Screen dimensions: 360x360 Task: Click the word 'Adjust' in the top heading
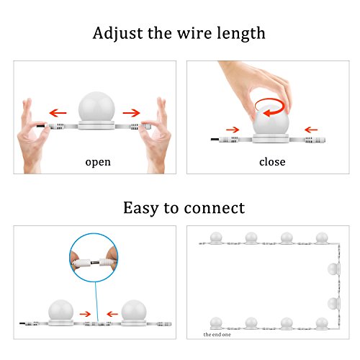117,34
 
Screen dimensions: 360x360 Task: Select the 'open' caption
98,163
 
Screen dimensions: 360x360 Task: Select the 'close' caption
272,162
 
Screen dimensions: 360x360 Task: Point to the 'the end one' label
217,334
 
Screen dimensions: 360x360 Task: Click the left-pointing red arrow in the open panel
58,112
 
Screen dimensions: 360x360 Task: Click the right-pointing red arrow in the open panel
131,112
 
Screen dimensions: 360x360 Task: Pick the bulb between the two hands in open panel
96,108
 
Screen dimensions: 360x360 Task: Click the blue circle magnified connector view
94,258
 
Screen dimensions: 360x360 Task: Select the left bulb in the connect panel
60,311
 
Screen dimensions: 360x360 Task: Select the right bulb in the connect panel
134,311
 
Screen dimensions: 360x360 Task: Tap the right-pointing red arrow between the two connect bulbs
85,314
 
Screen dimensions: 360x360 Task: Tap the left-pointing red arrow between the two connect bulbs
112,314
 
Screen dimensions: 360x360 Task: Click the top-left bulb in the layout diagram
216,238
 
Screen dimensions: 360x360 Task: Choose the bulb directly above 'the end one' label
216,323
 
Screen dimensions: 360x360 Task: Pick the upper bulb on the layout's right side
333,269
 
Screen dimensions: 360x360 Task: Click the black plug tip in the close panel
215,140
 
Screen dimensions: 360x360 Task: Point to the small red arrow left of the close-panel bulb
233,130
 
